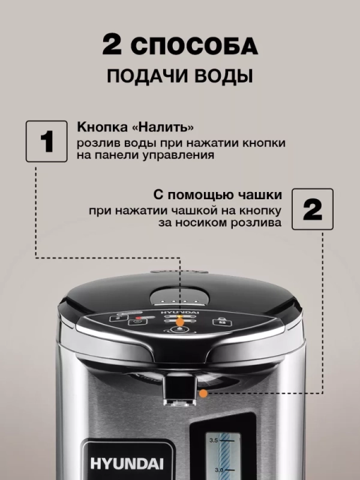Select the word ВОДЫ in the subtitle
click(x=222, y=77)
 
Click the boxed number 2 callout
click(x=313, y=209)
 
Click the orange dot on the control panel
click(x=179, y=322)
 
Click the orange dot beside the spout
click(x=204, y=394)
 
